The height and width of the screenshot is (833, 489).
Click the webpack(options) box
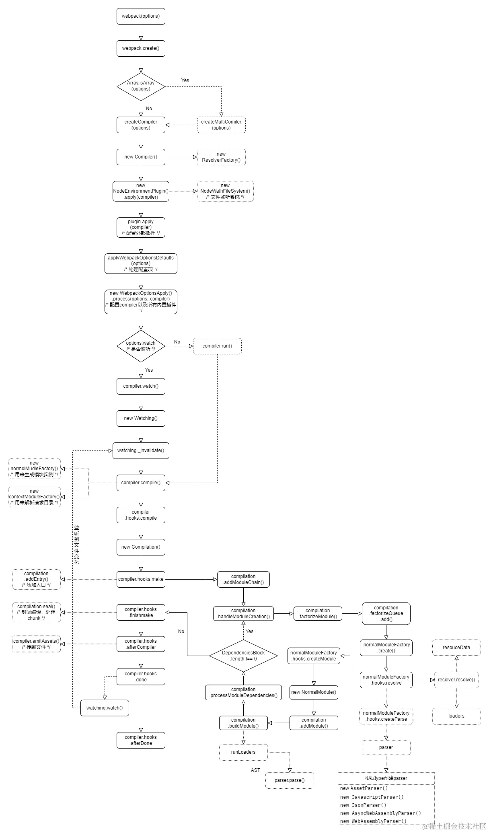[x=141, y=16]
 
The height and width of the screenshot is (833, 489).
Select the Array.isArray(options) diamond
[x=141, y=86]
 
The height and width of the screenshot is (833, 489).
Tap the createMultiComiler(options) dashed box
[x=221, y=125]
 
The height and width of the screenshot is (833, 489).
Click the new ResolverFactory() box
[x=221, y=157]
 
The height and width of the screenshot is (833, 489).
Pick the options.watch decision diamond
[x=141, y=346]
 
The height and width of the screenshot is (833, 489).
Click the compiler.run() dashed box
[x=217, y=346]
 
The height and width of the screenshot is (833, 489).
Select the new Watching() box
[x=141, y=418]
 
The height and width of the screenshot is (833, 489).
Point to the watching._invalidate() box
[x=141, y=450]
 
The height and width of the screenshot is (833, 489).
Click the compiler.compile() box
[x=141, y=483]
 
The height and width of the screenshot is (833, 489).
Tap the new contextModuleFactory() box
[x=34, y=497]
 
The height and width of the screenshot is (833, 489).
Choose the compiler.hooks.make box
[x=141, y=579]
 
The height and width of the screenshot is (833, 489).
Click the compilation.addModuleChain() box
[x=243, y=579]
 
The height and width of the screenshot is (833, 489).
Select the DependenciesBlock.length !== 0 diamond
[x=243, y=656]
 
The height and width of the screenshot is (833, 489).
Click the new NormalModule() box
[x=314, y=692]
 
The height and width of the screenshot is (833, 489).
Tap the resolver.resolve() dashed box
[x=456, y=680]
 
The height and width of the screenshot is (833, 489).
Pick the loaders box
[x=456, y=716]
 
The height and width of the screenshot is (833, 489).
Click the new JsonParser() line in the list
[x=363, y=805]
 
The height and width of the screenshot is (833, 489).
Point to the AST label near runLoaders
[x=255, y=770]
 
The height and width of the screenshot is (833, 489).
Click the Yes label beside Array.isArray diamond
[x=185, y=80]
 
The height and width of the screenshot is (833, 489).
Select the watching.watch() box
[x=105, y=708]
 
